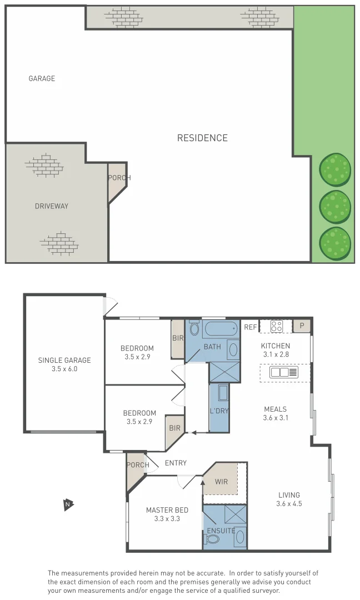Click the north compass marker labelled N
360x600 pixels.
click(x=67, y=504)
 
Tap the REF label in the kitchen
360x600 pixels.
click(x=251, y=327)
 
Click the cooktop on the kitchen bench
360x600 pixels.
click(x=276, y=326)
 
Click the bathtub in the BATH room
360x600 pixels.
click(x=221, y=330)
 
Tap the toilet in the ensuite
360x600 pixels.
click(x=240, y=537)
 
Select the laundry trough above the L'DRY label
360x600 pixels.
click(x=223, y=393)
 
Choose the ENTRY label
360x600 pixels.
click(x=176, y=463)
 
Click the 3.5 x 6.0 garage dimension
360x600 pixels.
click(x=64, y=368)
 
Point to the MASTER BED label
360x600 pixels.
click(x=167, y=510)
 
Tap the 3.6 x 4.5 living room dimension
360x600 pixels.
click(x=288, y=504)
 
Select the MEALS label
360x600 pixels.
click(x=276, y=409)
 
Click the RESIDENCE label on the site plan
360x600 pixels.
click(x=202, y=138)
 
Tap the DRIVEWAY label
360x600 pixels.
click(x=51, y=206)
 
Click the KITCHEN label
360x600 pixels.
click(x=276, y=346)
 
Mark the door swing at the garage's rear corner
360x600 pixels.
click(x=111, y=307)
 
